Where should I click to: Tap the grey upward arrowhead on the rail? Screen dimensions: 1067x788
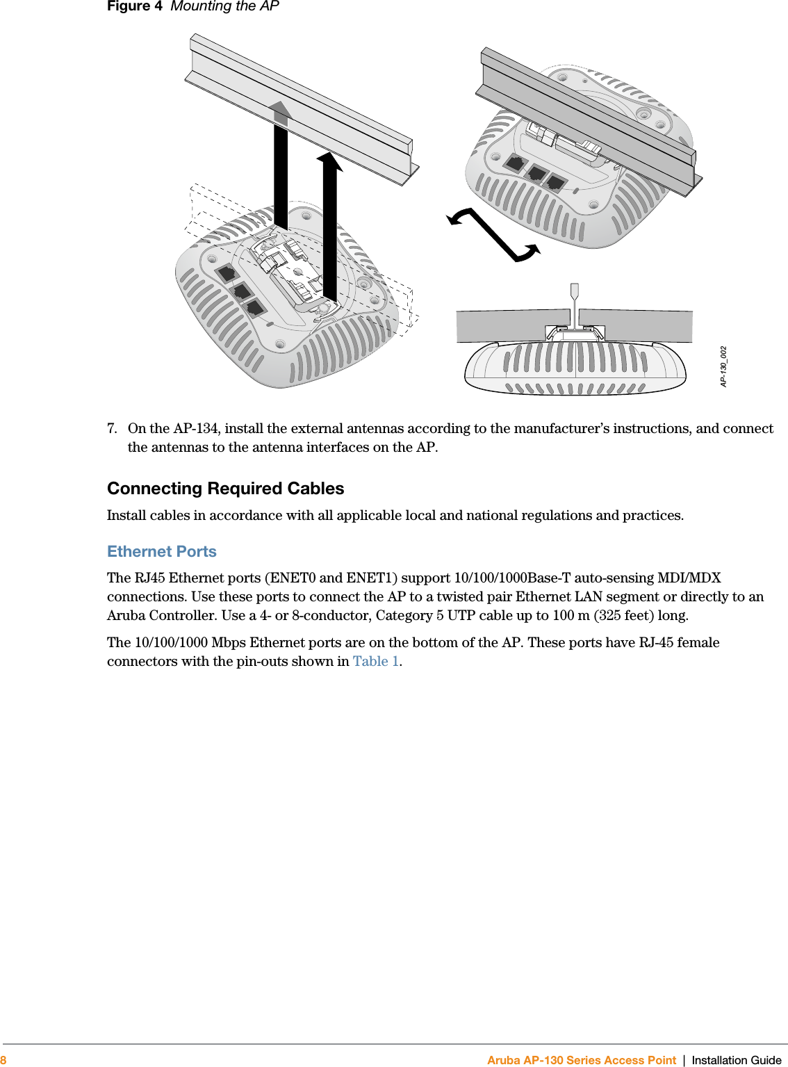[x=281, y=111]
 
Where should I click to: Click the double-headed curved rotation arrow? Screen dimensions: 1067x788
[x=493, y=236]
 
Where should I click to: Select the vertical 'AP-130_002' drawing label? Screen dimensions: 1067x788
[x=723, y=366]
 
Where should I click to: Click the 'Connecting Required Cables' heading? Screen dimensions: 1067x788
[x=225, y=489]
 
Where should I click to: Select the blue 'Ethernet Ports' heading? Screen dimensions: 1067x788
[x=161, y=551]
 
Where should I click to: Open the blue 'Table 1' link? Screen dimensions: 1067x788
[x=375, y=661]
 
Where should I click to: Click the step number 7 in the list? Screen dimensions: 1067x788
[x=111, y=429]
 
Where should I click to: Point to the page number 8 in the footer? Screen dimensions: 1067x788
[x=3, y=1060]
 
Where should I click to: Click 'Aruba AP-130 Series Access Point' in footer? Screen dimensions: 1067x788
[x=581, y=1060]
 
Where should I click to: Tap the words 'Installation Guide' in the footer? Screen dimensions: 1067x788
[x=736, y=1060]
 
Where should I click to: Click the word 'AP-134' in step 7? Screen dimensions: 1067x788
[x=195, y=429]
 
